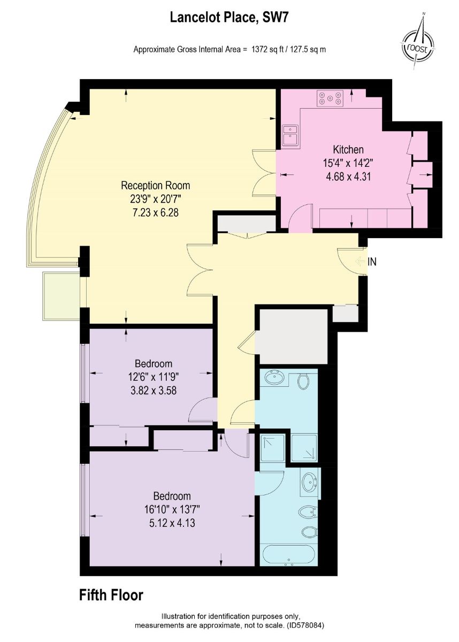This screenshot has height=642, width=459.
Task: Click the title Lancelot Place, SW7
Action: pyautogui.click(x=229, y=18)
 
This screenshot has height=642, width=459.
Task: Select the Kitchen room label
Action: pyautogui.click(x=348, y=149)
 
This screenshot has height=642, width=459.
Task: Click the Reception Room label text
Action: pyautogui.click(x=155, y=185)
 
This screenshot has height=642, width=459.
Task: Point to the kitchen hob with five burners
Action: pyautogui.click(x=330, y=98)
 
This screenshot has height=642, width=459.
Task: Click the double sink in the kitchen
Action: pyautogui.click(x=290, y=136)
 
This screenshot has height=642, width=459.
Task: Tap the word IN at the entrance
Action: pyautogui.click(x=372, y=262)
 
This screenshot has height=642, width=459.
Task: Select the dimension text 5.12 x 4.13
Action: pyautogui.click(x=172, y=523)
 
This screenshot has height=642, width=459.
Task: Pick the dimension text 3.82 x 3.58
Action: pyautogui.click(x=154, y=391)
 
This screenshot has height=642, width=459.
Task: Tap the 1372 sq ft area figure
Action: pyautogui.click(x=269, y=49)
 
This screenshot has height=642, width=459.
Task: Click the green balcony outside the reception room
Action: pyautogui.click(x=61, y=296)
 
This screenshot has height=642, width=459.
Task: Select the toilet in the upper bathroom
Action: pyautogui.click(x=303, y=381)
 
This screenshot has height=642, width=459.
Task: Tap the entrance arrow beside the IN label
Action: pyautogui.click(x=359, y=262)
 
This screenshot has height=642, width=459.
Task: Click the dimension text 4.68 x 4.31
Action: pyautogui.click(x=348, y=176)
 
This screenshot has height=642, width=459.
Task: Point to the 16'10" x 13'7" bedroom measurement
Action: pyautogui.click(x=172, y=509)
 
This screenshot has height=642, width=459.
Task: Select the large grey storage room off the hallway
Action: pyautogui.click(x=292, y=337)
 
